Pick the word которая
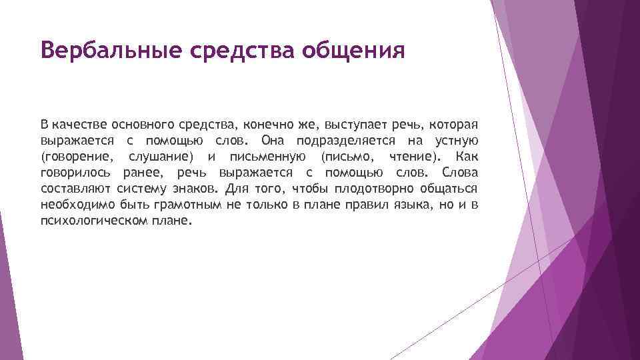[x=453, y=125]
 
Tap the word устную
[x=456, y=141]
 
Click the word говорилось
[x=73, y=173]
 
